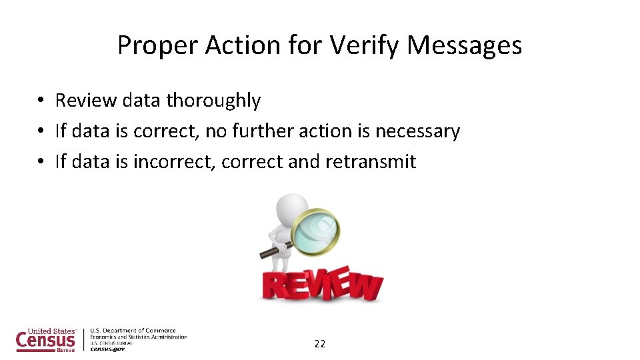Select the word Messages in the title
[x=465, y=45]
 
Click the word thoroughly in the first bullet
[x=213, y=100]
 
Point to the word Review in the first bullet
[x=77, y=100]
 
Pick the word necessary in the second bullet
[x=417, y=131]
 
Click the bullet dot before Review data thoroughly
[x=41, y=101]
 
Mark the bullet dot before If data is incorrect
[x=41, y=162]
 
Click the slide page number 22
[x=320, y=344]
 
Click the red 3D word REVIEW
[x=322, y=283]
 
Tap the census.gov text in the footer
[x=107, y=349]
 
